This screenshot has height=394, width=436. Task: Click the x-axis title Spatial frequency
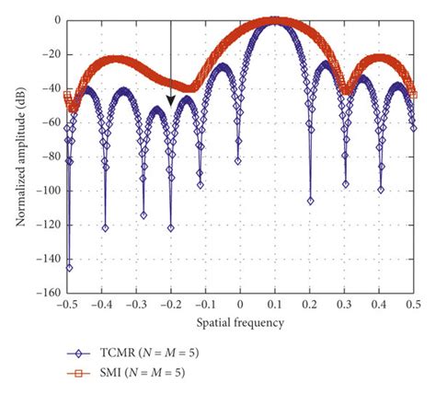point(240,322)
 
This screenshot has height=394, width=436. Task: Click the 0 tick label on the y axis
point(55,19)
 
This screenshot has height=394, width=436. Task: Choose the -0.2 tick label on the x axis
point(169,305)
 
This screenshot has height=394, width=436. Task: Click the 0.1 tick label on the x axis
point(275,305)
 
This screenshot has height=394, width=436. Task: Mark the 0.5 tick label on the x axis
point(414,305)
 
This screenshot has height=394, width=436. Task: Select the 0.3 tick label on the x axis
point(345,305)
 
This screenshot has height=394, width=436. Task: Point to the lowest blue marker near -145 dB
point(69,267)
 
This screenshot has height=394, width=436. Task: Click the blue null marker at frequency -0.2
point(171,227)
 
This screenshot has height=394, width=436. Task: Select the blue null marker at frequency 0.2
point(310,201)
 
